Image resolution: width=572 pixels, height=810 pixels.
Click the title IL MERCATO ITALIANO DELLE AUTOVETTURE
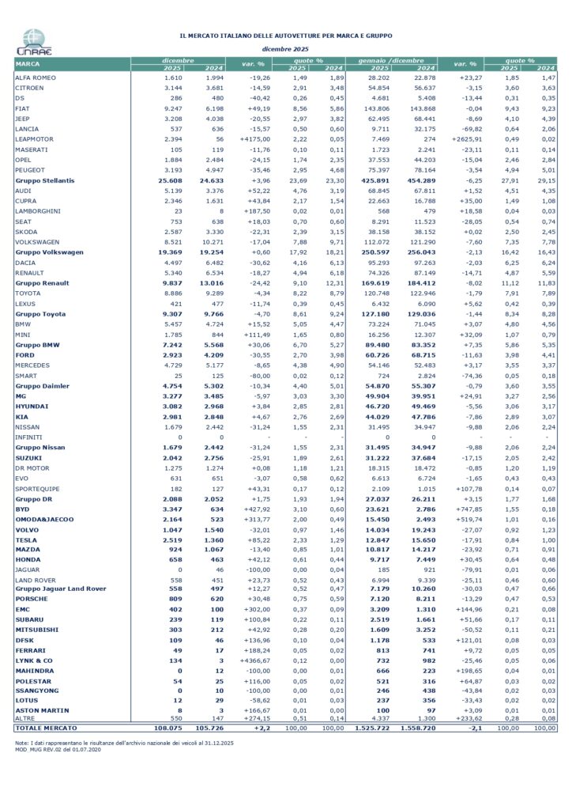pos(287,36)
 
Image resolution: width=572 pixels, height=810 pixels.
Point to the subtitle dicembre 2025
pos(287,49)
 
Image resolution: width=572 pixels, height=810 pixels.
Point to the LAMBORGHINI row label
pos(36,222)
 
